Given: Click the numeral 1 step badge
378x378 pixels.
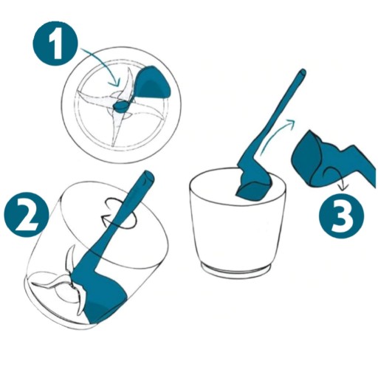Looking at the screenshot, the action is [x=55, y=44].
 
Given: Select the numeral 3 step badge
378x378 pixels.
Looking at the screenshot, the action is [x=341, y=216].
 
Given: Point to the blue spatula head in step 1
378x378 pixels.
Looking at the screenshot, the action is [x=153, y=82].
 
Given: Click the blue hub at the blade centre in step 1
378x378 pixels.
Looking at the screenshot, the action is [x=121, y=106].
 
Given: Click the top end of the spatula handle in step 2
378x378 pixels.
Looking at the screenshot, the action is [x=148, y=176].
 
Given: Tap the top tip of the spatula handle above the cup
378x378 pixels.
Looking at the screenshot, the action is [x=303, y=73].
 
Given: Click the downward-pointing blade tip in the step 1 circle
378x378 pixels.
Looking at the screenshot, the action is [x=113, y=145].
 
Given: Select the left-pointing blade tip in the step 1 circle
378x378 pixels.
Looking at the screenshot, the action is [x=78, y=92].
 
